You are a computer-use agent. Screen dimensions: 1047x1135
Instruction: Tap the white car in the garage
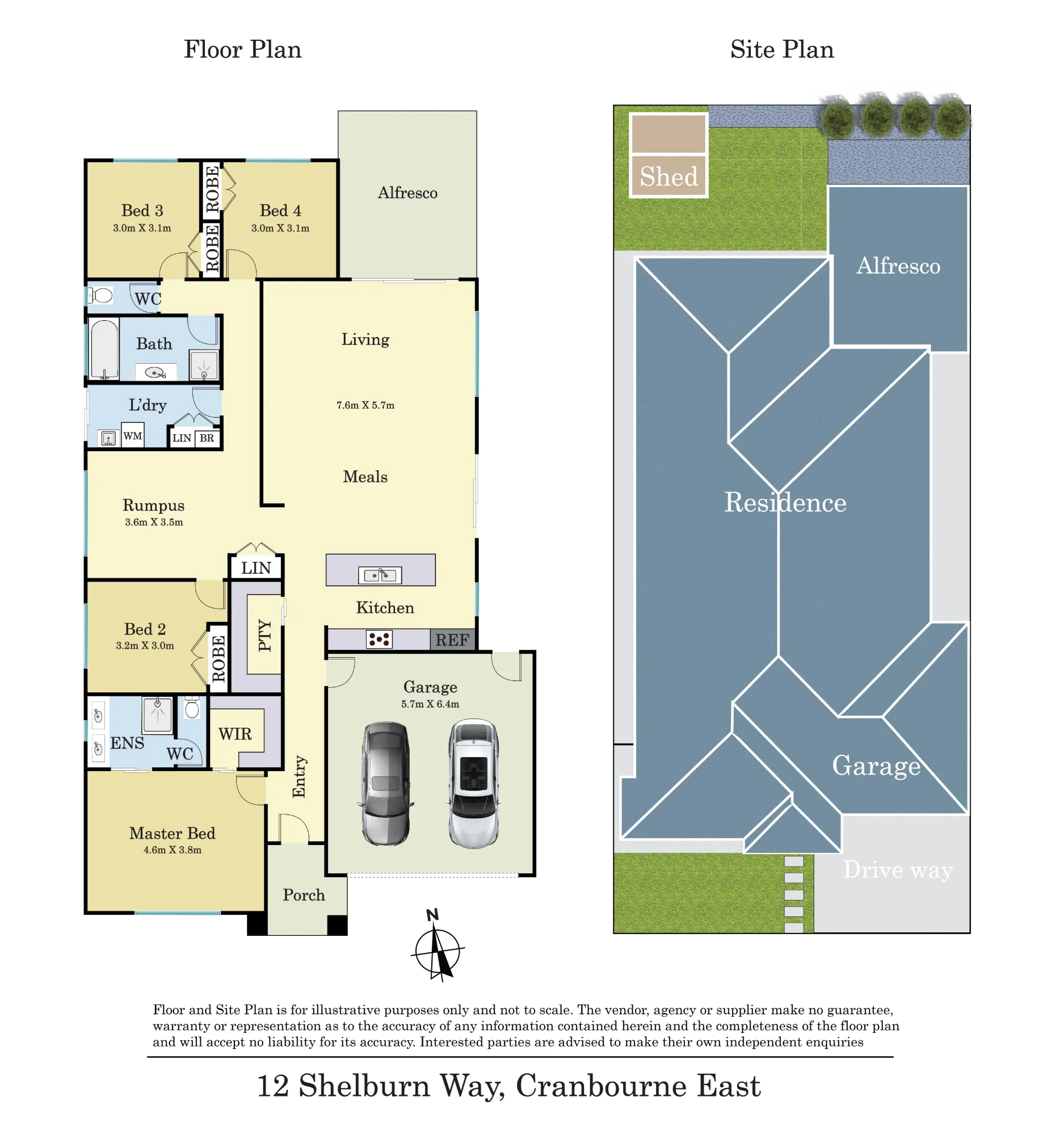coord(474,784)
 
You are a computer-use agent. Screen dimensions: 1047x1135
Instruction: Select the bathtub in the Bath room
coord(104,349)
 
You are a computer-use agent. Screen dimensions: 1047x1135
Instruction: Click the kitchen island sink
coord(380,575)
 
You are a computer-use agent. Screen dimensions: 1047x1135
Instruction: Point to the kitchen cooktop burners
coord(379,640)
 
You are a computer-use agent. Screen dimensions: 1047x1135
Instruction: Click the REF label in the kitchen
coord(452,640)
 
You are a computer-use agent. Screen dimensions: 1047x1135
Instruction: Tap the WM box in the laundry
coord(133,436)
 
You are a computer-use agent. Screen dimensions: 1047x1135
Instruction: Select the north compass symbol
coord(437,947)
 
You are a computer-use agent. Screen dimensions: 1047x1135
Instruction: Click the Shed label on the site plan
coord(669,176)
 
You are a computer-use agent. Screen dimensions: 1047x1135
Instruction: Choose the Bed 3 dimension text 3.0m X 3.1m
coord(142,228)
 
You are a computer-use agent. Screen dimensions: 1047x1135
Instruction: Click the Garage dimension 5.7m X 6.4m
coord(430,704)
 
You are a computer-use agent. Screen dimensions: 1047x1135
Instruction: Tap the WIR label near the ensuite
coord(235,734)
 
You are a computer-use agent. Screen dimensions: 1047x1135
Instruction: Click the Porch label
coord(304,895)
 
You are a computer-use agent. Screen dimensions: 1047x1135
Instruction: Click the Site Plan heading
coord(782,49)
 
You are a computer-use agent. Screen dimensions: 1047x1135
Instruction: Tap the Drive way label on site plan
coord(898,870)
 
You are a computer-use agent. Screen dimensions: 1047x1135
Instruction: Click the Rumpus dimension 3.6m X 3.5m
coord(154,522)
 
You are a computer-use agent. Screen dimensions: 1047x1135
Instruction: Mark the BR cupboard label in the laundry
coord(207,438)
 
